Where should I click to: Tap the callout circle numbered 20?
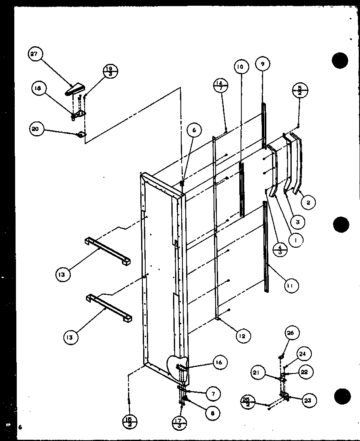(x=36, y=129)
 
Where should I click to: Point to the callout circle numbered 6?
(x=194, y=130)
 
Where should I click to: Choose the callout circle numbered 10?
(x=240, y=67)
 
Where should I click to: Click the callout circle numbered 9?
(x=263, y=63)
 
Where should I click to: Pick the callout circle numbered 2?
(x=309, y=201)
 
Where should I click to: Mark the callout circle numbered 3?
(x=297, y=222)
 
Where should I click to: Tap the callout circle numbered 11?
(x=292, y=285)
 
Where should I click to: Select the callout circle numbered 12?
(x=242, y=336)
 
